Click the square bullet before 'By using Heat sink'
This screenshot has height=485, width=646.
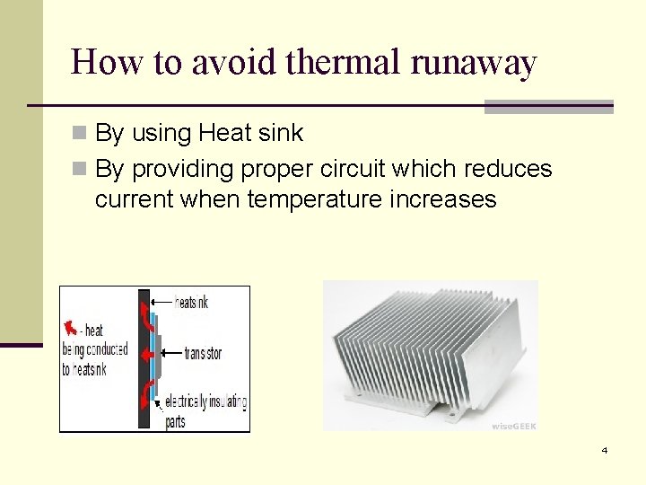pyautogui.click(x=80, y=134)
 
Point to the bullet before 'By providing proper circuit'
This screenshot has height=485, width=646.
pyautogui.click(x=80, y=169)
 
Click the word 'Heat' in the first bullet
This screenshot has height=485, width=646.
pyautogui.click(x=224, y=134)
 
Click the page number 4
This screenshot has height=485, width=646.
pyautogui.click(x=604, y=450)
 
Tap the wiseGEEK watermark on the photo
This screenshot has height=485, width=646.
pyautogui.click(x=513, y=426)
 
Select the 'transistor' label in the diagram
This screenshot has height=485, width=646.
pyautogui.click(x=203, y=354)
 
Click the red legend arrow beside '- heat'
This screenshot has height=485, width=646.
pyautogui.click(x=69, y=326)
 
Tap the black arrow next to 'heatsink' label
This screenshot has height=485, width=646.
pyautogui.click(x=162, y=303)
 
